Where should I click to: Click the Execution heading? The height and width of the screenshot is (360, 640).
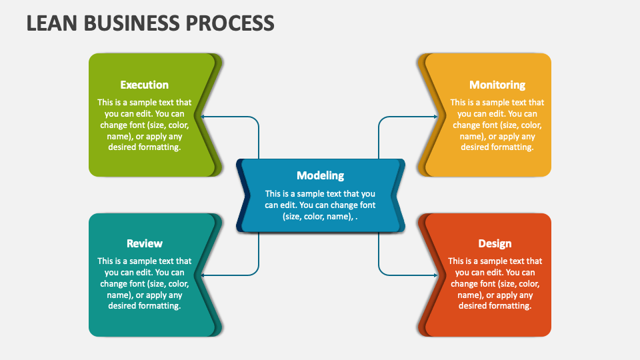click(x=144, y=85)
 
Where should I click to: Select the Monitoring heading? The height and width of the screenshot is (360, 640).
click(x=497, y=85)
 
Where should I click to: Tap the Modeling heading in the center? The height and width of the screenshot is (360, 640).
click(x=320, y=175)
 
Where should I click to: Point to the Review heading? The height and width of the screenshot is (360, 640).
click(x=144, y=243)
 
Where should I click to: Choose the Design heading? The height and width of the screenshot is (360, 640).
click(x=495, y=243)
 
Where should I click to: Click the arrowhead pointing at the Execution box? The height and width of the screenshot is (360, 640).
click(x=204, y=117)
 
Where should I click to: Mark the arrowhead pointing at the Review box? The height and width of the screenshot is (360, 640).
click(x=204, y=275)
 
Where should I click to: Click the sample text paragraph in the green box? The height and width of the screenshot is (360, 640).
click(x=144, y=125)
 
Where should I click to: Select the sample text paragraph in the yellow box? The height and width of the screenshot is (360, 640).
click(x=497, y=125)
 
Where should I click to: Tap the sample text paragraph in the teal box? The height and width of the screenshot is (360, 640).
click(x=144, y=283)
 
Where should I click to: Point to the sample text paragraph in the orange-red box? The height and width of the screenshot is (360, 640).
click(x=495, y=283)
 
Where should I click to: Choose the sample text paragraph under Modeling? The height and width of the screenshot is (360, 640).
click(x=320, y=205)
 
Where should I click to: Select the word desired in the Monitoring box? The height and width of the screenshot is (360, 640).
click(x=476, y=147)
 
